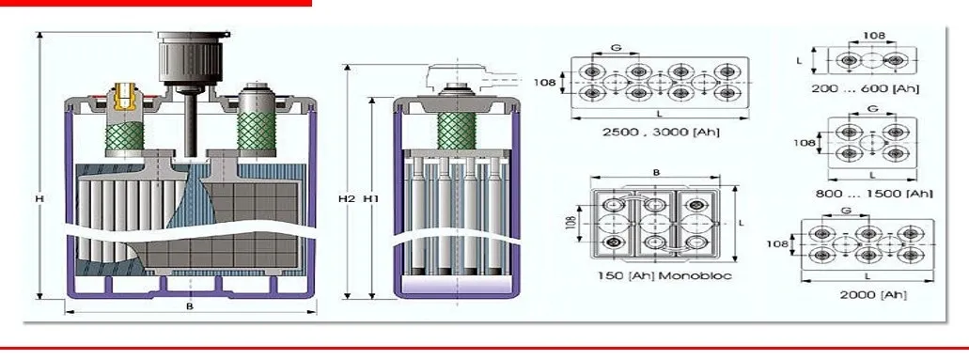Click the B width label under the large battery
tap(190, 307)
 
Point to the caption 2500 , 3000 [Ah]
tap(662, 132)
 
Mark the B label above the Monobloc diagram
tap(655, 173)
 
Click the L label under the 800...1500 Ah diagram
tap(872, 175)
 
